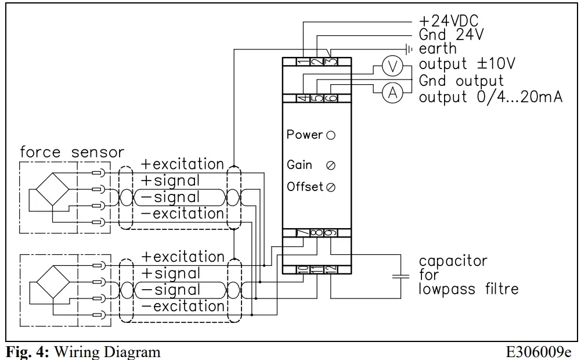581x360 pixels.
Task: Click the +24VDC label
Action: tap(449, 22)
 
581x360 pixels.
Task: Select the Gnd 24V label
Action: tap(451, 35)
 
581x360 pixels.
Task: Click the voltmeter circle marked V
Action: tap(394, 67)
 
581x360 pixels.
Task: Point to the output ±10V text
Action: tap(467, 63)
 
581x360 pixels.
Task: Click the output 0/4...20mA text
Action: tap(490, 97)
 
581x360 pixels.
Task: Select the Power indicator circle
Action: tap(331, 135)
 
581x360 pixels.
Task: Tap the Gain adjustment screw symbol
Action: tap(331, 165)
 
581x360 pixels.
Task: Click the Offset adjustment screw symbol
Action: tap(331, 188)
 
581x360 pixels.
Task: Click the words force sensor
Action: tap(72, 153)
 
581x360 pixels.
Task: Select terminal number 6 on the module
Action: tap(331, 98)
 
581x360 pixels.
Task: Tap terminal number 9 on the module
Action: tap(331, 233)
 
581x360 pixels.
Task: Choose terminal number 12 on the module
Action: tap(331, 269)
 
